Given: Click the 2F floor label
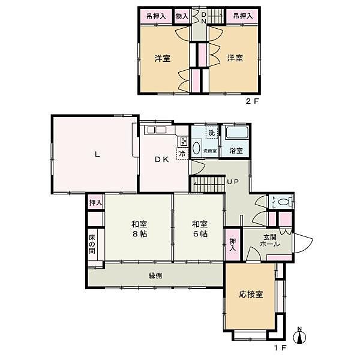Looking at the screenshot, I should pyautogui.click(x=251, y=102).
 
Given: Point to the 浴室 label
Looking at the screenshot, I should pyautogui.click(x=236, y=151).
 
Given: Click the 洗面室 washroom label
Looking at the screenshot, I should pyautogui.click(x=209, y=151).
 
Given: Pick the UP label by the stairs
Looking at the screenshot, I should pyautogui.click(x=232, y=181).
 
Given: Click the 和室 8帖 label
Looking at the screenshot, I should pyautogui.click(x=140, y=229).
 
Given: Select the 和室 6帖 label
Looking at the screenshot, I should pyautogui.click(x=200, y=229).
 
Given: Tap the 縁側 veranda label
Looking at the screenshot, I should pyautogui.click(x=155, y=275).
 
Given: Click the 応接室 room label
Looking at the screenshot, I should pyautogui.click(x=251, y=294).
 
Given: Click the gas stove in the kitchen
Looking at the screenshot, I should pyautogui.click(x=182, y=142).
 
